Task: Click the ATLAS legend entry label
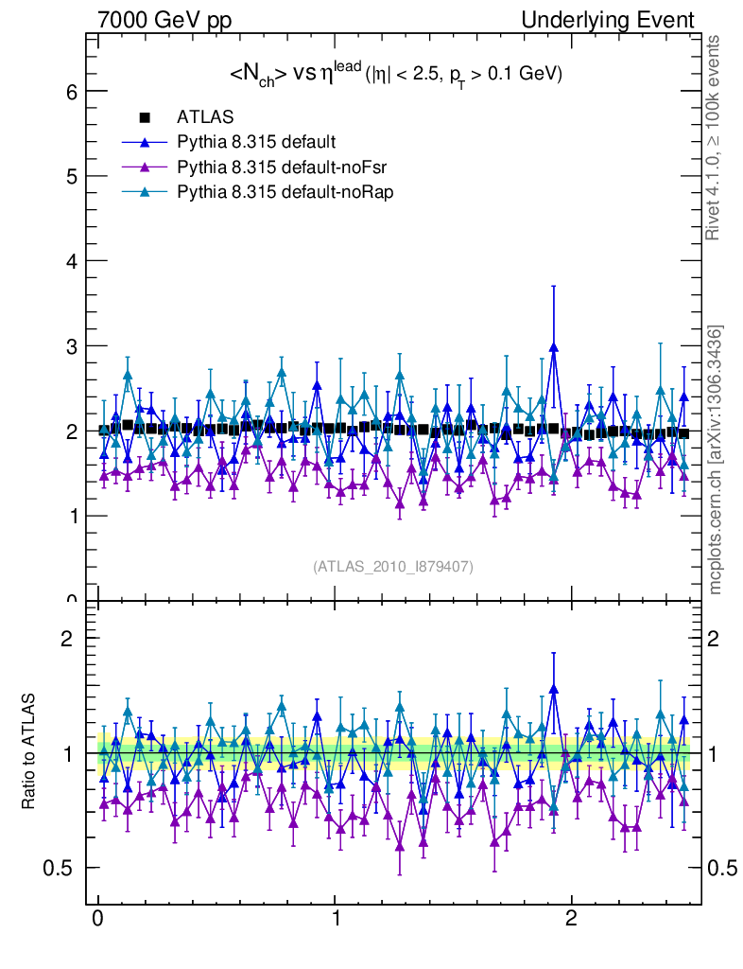[x=205, y=118]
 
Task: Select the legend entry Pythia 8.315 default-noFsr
[x=269, y=167]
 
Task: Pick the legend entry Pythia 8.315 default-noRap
[x=271, y=191]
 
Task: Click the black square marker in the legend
[x=145, y=118]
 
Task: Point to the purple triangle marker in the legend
[x=145, y=167]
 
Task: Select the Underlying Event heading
[x=607, y=20]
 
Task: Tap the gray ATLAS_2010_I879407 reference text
[x=393, y=566]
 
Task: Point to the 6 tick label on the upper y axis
[x=70, y=92]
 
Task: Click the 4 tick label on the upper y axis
[x=70, y=261]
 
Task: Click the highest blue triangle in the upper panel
[x=553, y=347]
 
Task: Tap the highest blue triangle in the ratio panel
[x=553, y=690]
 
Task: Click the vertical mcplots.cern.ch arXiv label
[x=717, y=460]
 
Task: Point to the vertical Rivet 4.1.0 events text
[x=715, y=138]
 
